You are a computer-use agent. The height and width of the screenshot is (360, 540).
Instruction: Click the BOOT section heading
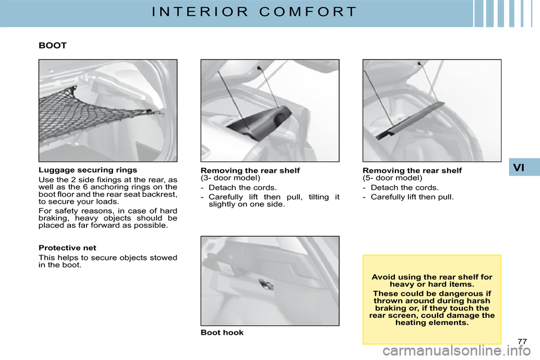click(x=53, y=46)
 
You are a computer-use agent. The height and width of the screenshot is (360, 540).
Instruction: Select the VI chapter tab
click(x=524, y=167)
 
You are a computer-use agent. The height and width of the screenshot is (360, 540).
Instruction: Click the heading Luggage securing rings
click(x=88, y=169)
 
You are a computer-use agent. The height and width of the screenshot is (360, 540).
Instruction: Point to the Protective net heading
click(x=67, y=247)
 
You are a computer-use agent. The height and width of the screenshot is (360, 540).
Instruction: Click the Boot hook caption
click(x=222, y=332)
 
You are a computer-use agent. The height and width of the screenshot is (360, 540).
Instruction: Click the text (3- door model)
click(x=230, y=177)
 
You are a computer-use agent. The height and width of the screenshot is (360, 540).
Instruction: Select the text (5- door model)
click(x=392, y=177)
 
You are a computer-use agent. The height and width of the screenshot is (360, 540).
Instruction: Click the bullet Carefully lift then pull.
click(x=412, y=197)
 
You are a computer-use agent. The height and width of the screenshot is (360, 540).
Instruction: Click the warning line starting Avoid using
click(x=432, y=277)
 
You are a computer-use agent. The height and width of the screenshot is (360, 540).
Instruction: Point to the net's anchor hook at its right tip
click(x=148, y=111)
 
